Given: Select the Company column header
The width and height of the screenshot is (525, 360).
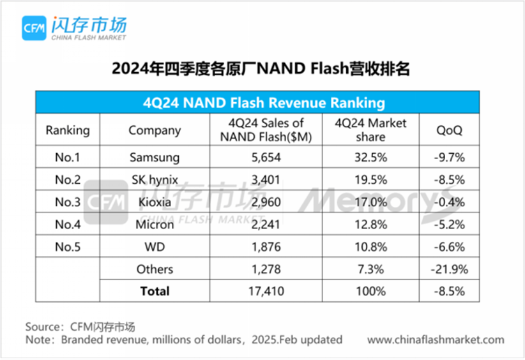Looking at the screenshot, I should pyautogui.click(x=155, y=130).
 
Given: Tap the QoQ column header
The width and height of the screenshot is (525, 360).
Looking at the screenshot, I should pyautogui.click(x=449, y=130).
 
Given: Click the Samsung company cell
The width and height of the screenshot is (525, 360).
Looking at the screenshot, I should pyautogui.click(x=155, y=157).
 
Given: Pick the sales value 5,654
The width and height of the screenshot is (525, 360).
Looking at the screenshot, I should pyautogui.click(x=266, y=157).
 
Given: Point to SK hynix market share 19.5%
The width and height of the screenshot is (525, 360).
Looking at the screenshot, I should pyautogui.click(x=370, y=179).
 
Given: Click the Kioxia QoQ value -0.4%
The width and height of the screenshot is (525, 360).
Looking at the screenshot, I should pyautogui.click(x=450, y=202).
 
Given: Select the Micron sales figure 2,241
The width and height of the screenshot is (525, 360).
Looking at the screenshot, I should pyautogui.click(x=266, y=224).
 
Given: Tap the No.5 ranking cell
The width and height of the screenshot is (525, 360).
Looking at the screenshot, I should pyautogui.click(x=67, y=246).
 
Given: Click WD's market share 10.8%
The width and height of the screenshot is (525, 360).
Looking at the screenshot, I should pyautogui.click(x=370, y=246).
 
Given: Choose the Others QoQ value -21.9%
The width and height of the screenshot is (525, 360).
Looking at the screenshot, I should pyautogui.click(x=450, y=269).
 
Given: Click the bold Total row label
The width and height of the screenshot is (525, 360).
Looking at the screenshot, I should pyautogui.click(x=155, y=291).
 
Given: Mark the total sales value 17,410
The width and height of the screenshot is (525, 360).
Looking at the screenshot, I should pyautogui.click(x=266, y=291).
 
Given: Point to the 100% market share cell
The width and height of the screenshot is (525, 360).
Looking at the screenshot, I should pyautogui.click(x=370, y=291).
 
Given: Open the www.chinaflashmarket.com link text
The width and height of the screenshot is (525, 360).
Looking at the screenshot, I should pyautogui.click(x=436, y=340).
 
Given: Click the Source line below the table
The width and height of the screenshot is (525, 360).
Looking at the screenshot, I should pyautogui.click(x=80, y=326).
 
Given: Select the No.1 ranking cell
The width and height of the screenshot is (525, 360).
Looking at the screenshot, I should pyautogui.click(x=67, y=157).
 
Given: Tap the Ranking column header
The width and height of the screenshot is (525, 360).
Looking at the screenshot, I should pyautogui.click(x=67, y=130).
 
